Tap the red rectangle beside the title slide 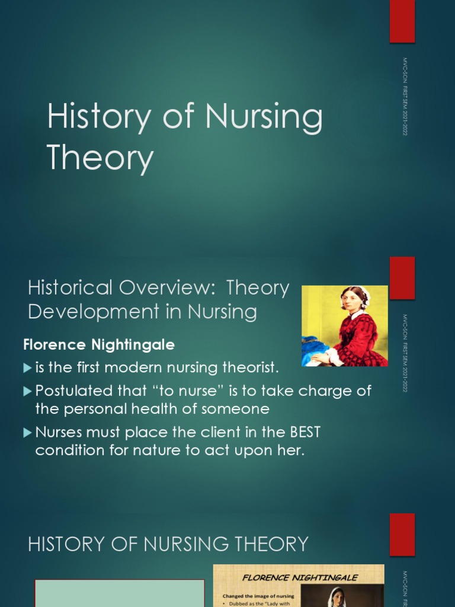pyautogui.click(x=402, y=21)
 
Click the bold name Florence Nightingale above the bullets pyautogui.click(x=99, y=344)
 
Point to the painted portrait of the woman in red pyautogui.click(x=345, y=326)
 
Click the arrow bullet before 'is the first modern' pyautogui.click(x=27, y=368)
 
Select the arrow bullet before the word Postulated pyautogui.click(x=27, y=391)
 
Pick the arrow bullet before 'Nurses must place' pyautogui.click(x=27, y=433)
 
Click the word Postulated pyautogui.click(x=74, y=391)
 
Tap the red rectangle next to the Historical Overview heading pyautogui.click(x=402, y=278)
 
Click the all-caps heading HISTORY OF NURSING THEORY pyautogui.click(x=168, y=544)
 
